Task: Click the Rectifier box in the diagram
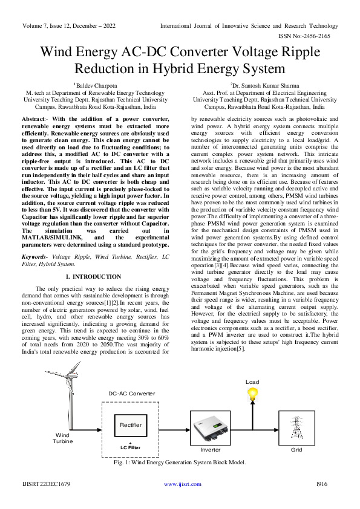tap(130, 425)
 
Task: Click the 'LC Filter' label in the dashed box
tap(130, 447)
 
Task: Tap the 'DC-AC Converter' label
tap(131, 394)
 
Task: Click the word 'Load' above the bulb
tap(252, 382)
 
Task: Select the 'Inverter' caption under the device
tap(210, 450)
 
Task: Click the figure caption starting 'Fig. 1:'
tap(180, 462)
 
